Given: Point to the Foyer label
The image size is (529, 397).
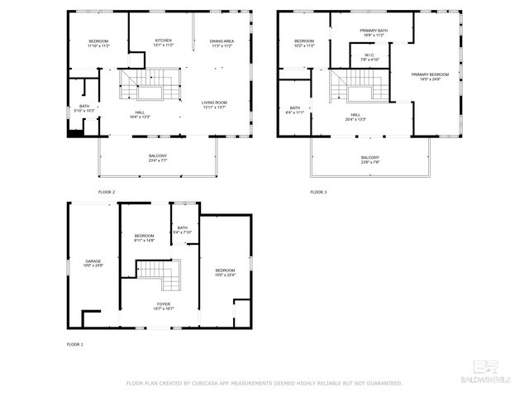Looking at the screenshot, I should [x=163, y=305].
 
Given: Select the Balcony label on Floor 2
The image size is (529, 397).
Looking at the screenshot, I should [x=157, y=158].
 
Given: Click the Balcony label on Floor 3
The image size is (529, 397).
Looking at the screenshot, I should [x=369, y=159].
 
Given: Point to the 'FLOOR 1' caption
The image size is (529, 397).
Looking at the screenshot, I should [x=74, y=343].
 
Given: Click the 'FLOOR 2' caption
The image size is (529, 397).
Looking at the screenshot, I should [x=106, y=192].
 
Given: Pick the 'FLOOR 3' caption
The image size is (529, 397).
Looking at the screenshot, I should [x=318, y=192].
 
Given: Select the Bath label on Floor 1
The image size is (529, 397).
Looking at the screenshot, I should [x=182, y=230].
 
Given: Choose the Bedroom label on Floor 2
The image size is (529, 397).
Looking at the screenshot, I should [x=98, y=43].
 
